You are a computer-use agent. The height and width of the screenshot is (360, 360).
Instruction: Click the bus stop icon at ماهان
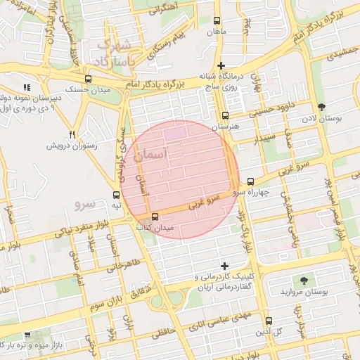(215, 21)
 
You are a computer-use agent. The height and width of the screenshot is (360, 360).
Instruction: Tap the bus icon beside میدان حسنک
(88, 79)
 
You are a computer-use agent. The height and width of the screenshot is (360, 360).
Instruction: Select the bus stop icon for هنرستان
(225, 115)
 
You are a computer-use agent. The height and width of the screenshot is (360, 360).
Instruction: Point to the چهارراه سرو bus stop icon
(250, 181)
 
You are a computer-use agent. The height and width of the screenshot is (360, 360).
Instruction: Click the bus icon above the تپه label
(116, 195)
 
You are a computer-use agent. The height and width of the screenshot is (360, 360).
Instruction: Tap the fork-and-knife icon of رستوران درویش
(72, 134)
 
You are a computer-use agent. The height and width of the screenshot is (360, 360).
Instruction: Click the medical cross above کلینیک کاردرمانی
(224, 266)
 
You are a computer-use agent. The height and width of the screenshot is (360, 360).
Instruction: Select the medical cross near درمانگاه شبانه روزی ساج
(221, 65)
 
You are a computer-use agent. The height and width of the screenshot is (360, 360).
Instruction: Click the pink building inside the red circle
(176, 131)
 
